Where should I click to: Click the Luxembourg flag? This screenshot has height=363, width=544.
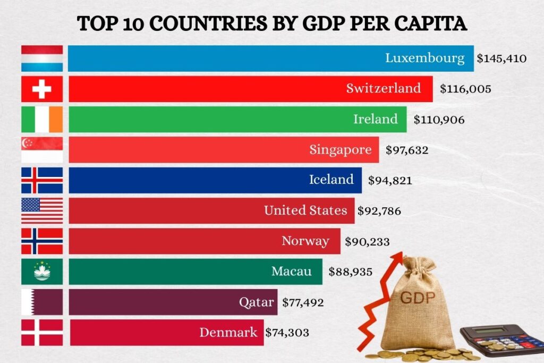42,58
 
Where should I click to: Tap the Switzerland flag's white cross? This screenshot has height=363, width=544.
42,89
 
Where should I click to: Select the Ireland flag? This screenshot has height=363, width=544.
42,120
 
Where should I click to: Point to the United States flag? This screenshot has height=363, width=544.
42,211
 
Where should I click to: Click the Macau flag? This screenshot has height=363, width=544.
42,272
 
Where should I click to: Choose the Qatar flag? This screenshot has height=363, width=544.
42,302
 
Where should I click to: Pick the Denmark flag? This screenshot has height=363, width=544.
42,333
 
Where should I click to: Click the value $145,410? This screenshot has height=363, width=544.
501,58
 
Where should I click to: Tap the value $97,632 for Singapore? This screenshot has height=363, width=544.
406,150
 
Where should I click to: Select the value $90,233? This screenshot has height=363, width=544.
367,242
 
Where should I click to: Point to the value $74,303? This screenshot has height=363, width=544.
287,333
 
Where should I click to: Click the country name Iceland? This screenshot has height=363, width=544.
331,180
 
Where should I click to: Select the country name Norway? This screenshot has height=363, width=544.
305,241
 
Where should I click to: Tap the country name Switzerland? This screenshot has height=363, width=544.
383,88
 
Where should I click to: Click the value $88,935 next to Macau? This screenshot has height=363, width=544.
350,272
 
